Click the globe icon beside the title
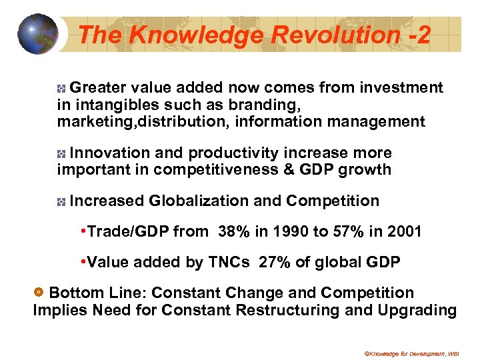(38, 33)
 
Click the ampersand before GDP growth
(289, 169)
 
